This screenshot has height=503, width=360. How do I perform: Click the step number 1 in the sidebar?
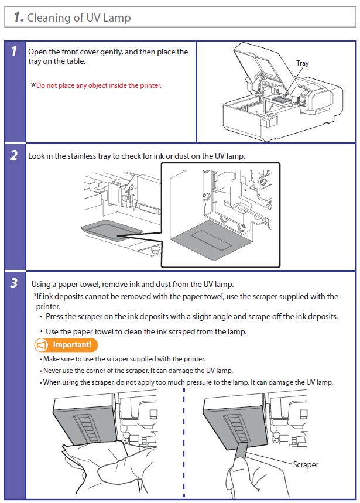point(13,52)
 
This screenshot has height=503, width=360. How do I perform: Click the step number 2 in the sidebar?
point(13,157)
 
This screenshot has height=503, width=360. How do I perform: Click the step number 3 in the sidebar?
point(13,284)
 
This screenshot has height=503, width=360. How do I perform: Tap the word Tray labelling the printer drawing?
point(302,63)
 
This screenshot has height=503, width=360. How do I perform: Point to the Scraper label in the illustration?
point(306,464)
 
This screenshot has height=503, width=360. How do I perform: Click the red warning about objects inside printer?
point(98,85)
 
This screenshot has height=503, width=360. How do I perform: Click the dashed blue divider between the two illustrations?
point(183,445)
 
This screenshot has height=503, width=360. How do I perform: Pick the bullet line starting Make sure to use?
point(124,359)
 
